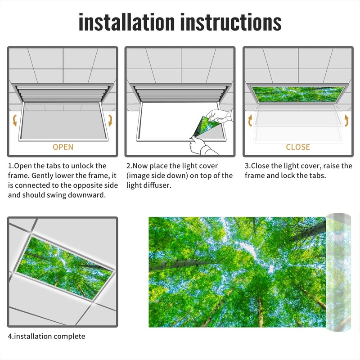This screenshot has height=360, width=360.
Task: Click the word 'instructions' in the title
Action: point(230,22)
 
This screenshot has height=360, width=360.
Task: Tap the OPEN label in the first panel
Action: point(63,147)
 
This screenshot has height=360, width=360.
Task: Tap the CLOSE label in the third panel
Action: point(298,147)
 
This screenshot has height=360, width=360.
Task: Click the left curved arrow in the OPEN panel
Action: point(15,120)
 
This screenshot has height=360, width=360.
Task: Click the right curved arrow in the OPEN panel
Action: point(110,120)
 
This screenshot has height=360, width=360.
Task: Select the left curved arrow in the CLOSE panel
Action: point(251,121)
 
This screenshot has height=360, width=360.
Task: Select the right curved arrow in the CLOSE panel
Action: point(346,121)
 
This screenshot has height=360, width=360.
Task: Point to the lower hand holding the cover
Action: point(198,145)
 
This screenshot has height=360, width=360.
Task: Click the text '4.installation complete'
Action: point(46,336)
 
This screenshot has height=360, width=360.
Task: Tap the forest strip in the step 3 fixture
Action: point(298,94)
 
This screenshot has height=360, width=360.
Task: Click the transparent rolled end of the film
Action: point(338,270)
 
